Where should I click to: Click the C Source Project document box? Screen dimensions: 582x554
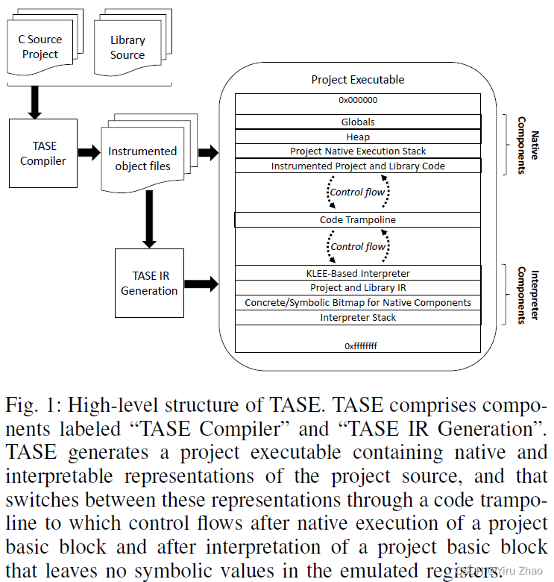(x=41, y=46)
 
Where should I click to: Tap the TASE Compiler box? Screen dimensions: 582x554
(x=43, y=153)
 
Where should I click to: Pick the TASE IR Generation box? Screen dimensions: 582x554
(x=149, y=283)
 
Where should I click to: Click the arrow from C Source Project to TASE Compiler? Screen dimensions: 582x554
(x=34, y=102)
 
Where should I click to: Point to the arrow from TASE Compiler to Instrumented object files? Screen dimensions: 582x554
(x=89, y=153)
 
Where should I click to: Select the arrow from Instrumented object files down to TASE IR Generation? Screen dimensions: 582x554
(x=149, y=219)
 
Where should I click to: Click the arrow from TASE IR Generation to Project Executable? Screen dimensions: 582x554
(x=201, y=284)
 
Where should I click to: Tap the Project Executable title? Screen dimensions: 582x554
(x=357, y=80)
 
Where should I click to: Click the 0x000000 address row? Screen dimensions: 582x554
(x=357, y=100)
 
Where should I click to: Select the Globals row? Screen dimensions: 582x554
(x=357, y=122)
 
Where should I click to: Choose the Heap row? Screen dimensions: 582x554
(x=357, y=137)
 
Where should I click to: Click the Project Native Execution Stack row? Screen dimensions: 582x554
(x=357, y=151)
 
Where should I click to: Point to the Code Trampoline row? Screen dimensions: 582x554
(x=357, y=219)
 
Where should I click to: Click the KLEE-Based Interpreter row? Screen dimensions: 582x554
(x=357, y=273)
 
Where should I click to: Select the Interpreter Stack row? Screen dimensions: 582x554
(x=357, y=317)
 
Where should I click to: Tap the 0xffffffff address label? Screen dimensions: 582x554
(x=357, y=345)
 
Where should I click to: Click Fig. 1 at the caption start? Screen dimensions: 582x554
(x=31, y=406)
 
